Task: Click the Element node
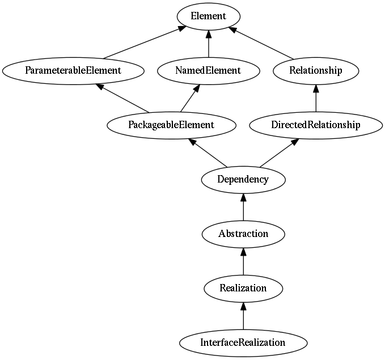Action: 209,16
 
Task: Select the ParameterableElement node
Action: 73,71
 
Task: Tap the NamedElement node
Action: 209,71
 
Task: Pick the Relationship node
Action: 315,71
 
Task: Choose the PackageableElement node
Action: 171,125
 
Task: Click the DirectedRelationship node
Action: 315,125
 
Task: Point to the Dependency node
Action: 243,180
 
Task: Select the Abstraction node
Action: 243,234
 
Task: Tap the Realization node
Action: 243,288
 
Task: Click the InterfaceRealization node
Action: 243,342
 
